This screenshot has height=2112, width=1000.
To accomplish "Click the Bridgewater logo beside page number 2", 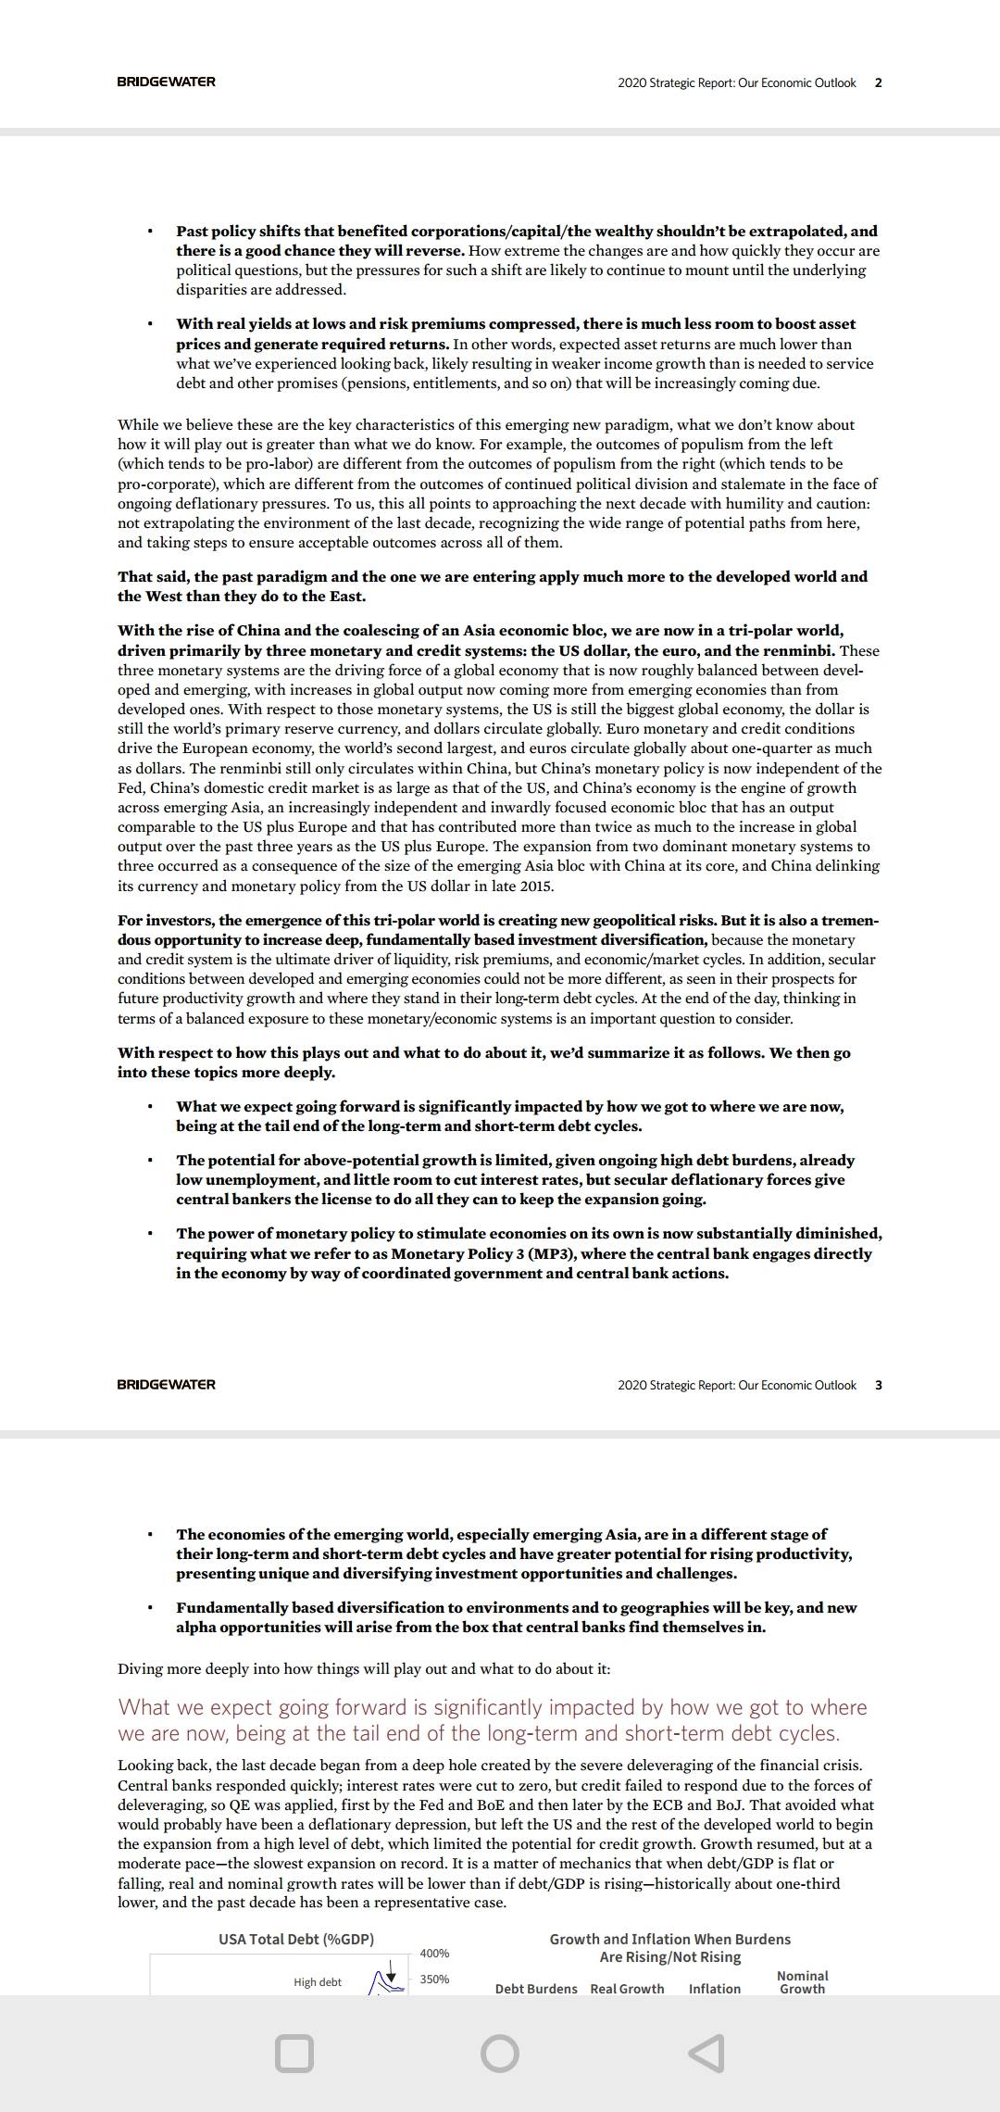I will (166, 82).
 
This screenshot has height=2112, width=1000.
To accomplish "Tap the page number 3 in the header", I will (879, 1385).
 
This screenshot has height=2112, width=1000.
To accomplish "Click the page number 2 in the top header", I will (879, 82).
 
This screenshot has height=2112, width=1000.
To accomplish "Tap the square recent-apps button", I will (294, 2053).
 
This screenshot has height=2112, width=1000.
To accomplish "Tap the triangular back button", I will (706, 2053).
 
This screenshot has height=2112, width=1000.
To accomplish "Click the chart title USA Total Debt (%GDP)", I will (296, 1940).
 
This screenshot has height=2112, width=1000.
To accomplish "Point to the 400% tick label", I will (434, 1954).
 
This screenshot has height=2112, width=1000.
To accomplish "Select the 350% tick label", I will (434, 1980).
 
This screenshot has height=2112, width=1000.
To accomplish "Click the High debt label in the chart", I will (318, 1982).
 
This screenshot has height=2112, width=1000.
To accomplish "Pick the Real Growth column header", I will (627, 1989).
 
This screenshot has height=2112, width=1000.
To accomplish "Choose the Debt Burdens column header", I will (536, 1989).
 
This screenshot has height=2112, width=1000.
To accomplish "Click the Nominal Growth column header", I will (802, 1982).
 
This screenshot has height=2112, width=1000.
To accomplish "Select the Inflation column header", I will (714, 1989).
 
